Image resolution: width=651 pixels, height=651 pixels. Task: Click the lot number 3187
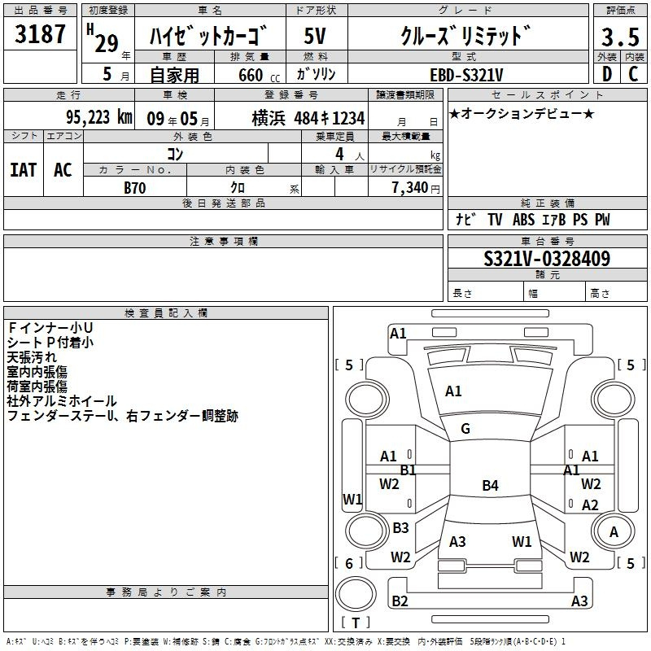pos(40,34)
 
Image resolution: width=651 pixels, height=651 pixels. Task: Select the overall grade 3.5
pos(620,37)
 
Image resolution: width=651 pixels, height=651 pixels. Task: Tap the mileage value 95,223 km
pos(98,117)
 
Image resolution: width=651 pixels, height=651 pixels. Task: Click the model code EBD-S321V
pos(466,75)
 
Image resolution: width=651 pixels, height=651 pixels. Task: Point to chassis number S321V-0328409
pos(547,259)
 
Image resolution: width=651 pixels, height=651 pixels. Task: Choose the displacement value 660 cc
pos(259,75)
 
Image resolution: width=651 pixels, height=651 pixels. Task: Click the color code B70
pos(135,188)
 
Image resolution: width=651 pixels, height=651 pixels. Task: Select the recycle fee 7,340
pos(410,187)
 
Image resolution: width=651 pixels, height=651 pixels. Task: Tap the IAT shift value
pos(24,170)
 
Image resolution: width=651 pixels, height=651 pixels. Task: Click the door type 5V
pos(315,36)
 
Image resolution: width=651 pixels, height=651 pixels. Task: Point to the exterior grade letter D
pos(607,74)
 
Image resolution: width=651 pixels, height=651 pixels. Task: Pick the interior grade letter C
pos(633,74)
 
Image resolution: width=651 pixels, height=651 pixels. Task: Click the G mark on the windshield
pos(465,429)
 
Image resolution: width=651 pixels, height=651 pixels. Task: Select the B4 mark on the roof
pos(491,485)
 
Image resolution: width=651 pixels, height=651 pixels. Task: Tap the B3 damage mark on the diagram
pos(400,527)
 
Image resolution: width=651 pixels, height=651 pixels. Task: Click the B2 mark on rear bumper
pos(400,601)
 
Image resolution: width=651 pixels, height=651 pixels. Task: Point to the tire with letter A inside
pos(613,531)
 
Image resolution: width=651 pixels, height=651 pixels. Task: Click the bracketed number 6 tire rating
pos(349,563)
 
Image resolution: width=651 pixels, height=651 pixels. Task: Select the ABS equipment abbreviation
pos(523,219)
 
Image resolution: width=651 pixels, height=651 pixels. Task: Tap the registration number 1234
pos(348,118)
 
